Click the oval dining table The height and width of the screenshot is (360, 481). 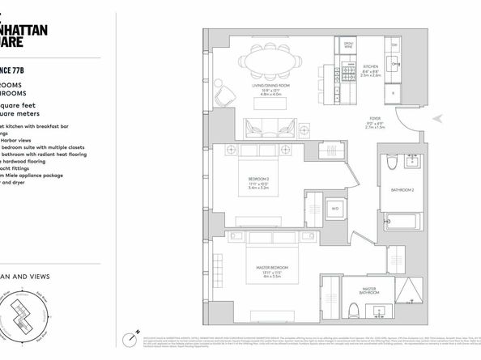pos(271,61)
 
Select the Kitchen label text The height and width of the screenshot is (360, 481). pos(371,66)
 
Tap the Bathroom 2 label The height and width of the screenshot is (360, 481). pos(402,189)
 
